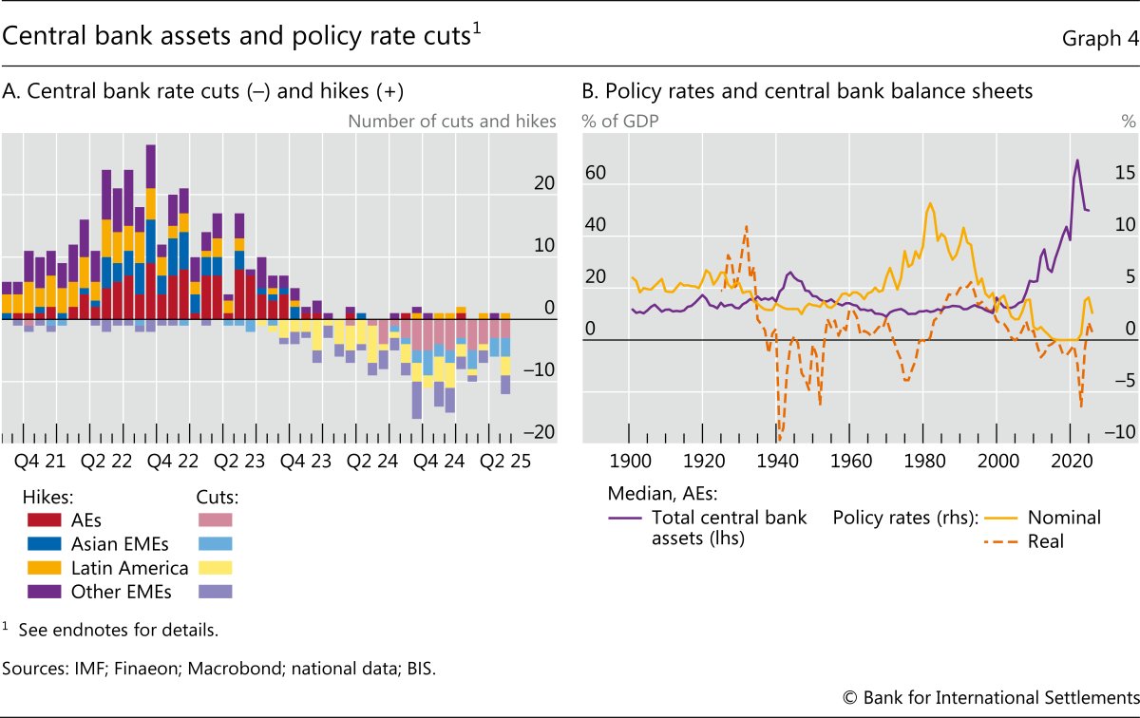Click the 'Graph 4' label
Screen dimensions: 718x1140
click(x=1094, y=37)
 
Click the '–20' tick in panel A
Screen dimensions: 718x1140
click(x=542, y=432)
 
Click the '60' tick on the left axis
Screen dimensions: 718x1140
click(x=595, y=174)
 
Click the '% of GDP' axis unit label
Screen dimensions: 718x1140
click(x=620, y=121)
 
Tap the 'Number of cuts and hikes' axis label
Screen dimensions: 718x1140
click(x=452, y=121)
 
